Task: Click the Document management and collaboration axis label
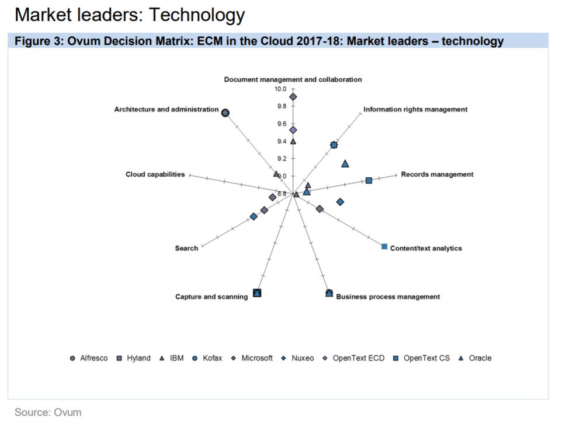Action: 293,79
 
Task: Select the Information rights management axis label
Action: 415,109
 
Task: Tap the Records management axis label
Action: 437,174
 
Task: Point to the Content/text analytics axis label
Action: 426,248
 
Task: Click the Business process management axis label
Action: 388,297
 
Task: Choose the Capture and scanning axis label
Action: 211,297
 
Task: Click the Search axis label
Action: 186,248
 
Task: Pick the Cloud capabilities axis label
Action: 155,174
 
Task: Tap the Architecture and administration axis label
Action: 166,110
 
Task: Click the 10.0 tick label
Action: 280,89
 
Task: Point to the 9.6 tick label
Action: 282,124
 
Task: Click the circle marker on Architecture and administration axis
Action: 225,113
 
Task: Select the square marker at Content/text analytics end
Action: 384,247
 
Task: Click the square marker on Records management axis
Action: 369,181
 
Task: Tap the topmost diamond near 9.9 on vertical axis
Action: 293,97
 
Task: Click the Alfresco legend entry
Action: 89,358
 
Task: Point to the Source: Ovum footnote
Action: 48,412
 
